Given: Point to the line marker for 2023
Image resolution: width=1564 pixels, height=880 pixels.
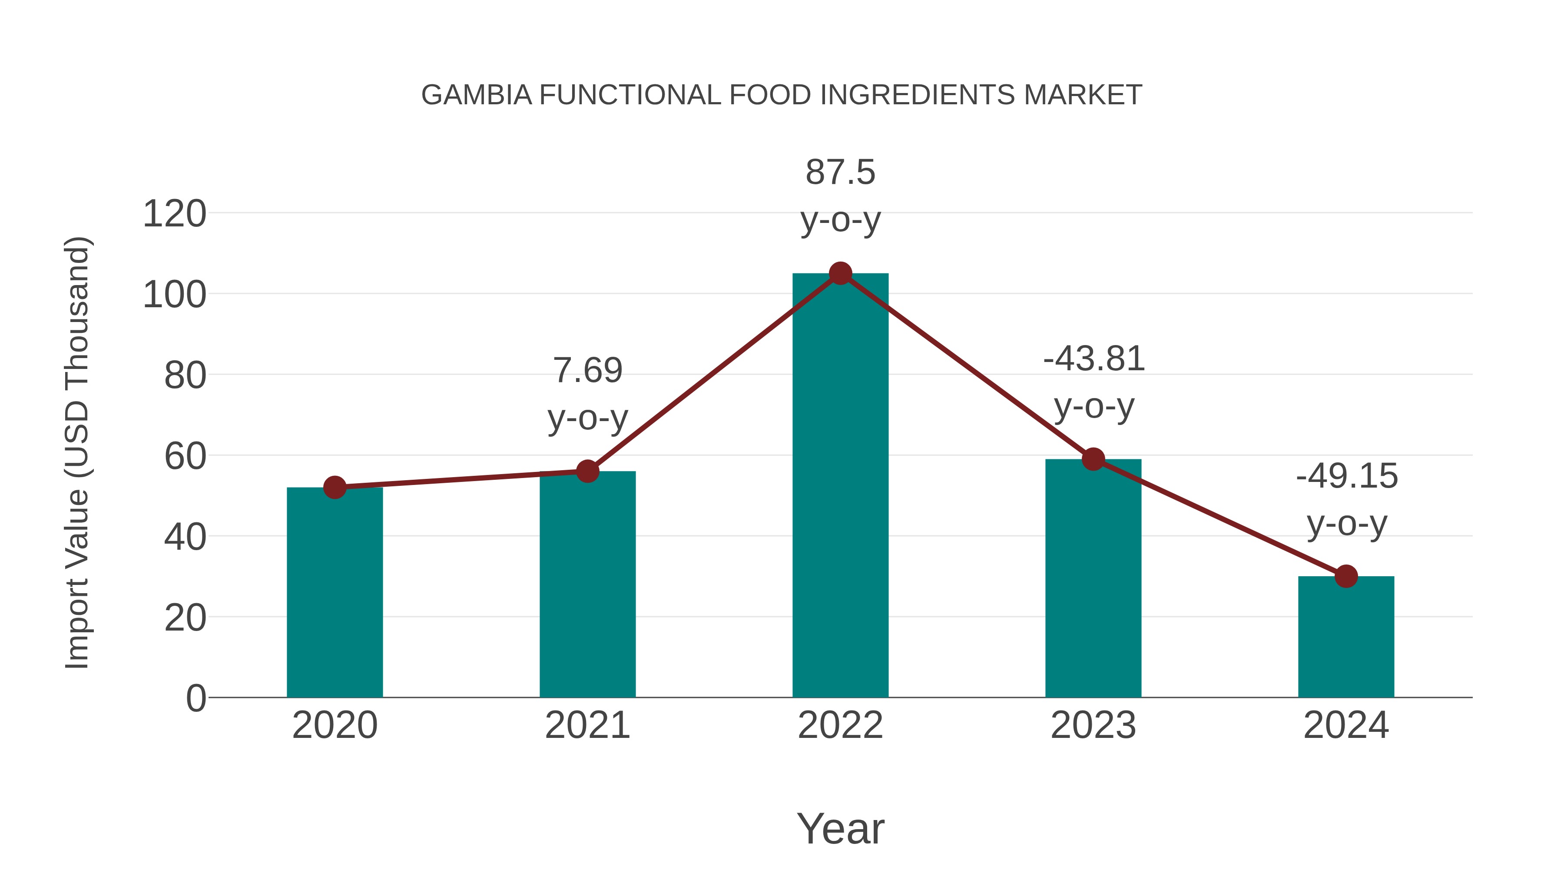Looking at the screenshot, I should (1093, 459).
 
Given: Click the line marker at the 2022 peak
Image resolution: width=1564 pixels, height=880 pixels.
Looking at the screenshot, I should (840, 273).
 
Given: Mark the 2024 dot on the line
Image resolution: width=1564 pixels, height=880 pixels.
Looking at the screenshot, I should (1346, 576).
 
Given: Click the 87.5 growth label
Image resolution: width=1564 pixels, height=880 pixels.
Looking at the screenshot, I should (840, 173).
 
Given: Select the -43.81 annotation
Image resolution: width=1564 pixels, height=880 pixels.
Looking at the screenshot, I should (1093, 359).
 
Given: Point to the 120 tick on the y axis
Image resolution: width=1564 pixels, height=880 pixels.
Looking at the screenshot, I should (174, 214).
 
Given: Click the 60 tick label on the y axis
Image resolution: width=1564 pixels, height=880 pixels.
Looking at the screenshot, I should (185, 457).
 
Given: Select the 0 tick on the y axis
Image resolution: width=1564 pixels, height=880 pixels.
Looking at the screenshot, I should (196, 698).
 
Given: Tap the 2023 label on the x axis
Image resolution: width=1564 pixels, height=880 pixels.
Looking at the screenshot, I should (1093, 726).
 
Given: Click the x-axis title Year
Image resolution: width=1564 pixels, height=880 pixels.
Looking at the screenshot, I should (840, 829).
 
